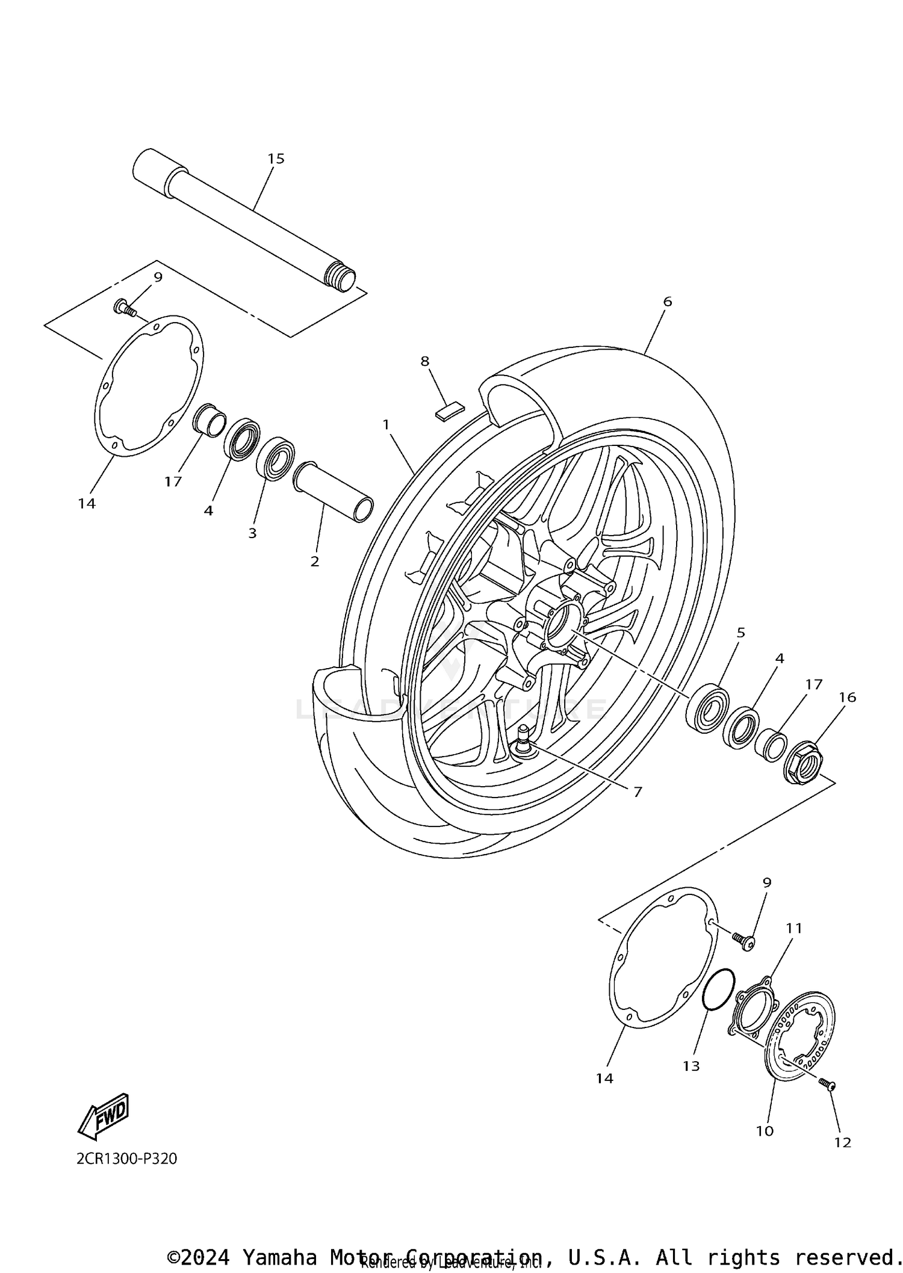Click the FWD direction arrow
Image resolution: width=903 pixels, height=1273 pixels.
pyautogui.click(x=104, y=1115)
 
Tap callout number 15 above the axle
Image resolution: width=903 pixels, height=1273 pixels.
pyautogui.click(x=275, y=159)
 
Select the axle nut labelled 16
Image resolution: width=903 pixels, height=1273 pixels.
pyautogui.click(x=804, y=763)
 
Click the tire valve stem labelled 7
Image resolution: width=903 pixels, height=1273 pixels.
pyautogui.click(x=521, y=742)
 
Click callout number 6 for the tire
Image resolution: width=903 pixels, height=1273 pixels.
pyautogui.click(x=667, y=302)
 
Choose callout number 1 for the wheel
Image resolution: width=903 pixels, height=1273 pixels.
pyautogui.click(x=386, y=425)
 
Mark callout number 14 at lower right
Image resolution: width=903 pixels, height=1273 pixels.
pyautogui.click(x=604, y=1078)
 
